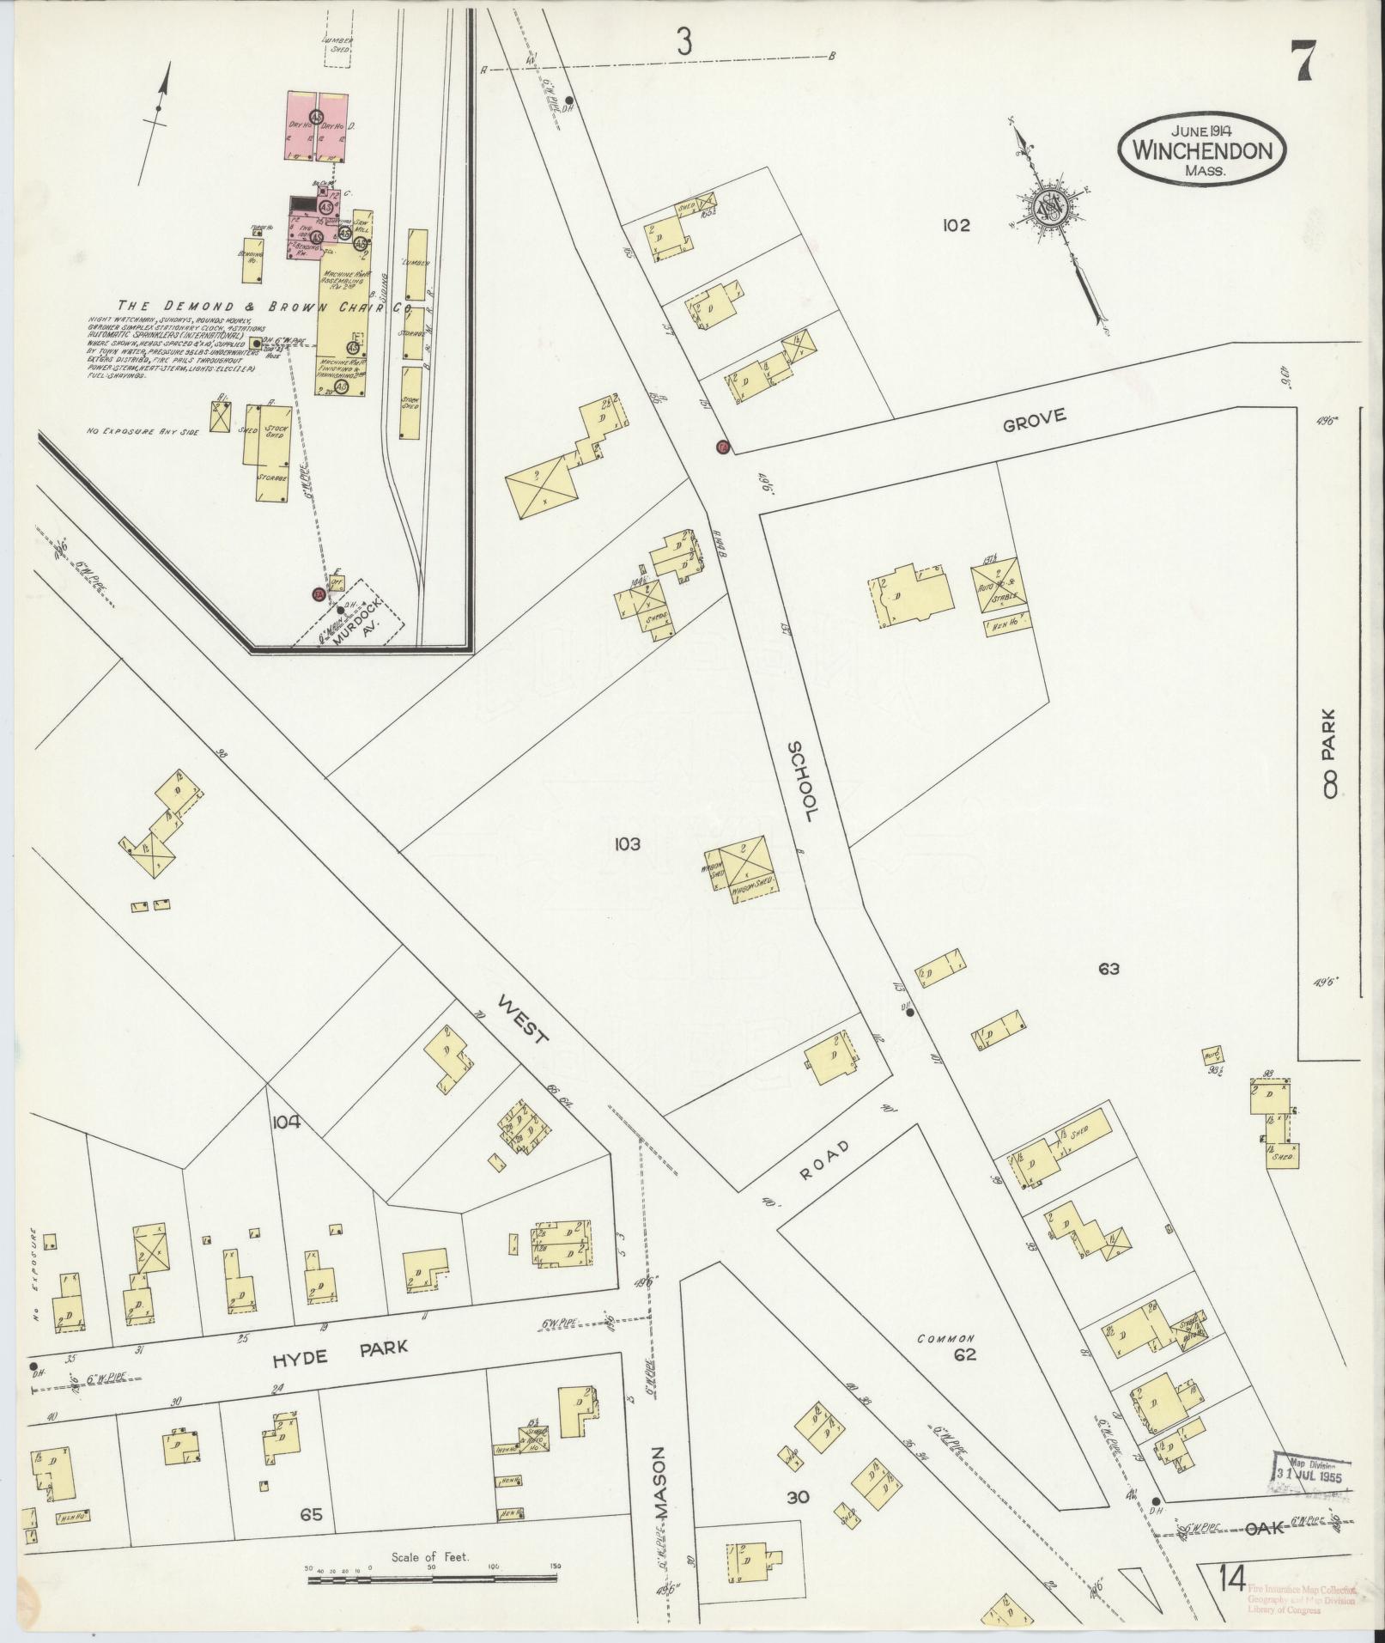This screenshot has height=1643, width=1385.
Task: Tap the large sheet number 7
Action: [x=1303, y=61]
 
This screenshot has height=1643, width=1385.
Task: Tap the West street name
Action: [x=523, y=1023]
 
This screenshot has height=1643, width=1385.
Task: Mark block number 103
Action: [x=627, y=844]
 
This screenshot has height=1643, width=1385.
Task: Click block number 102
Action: [x=956, y=226]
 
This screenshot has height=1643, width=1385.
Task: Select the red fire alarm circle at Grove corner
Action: [x=723, y=447]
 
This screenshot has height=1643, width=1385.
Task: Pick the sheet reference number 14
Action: [x=1231, y=1579]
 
